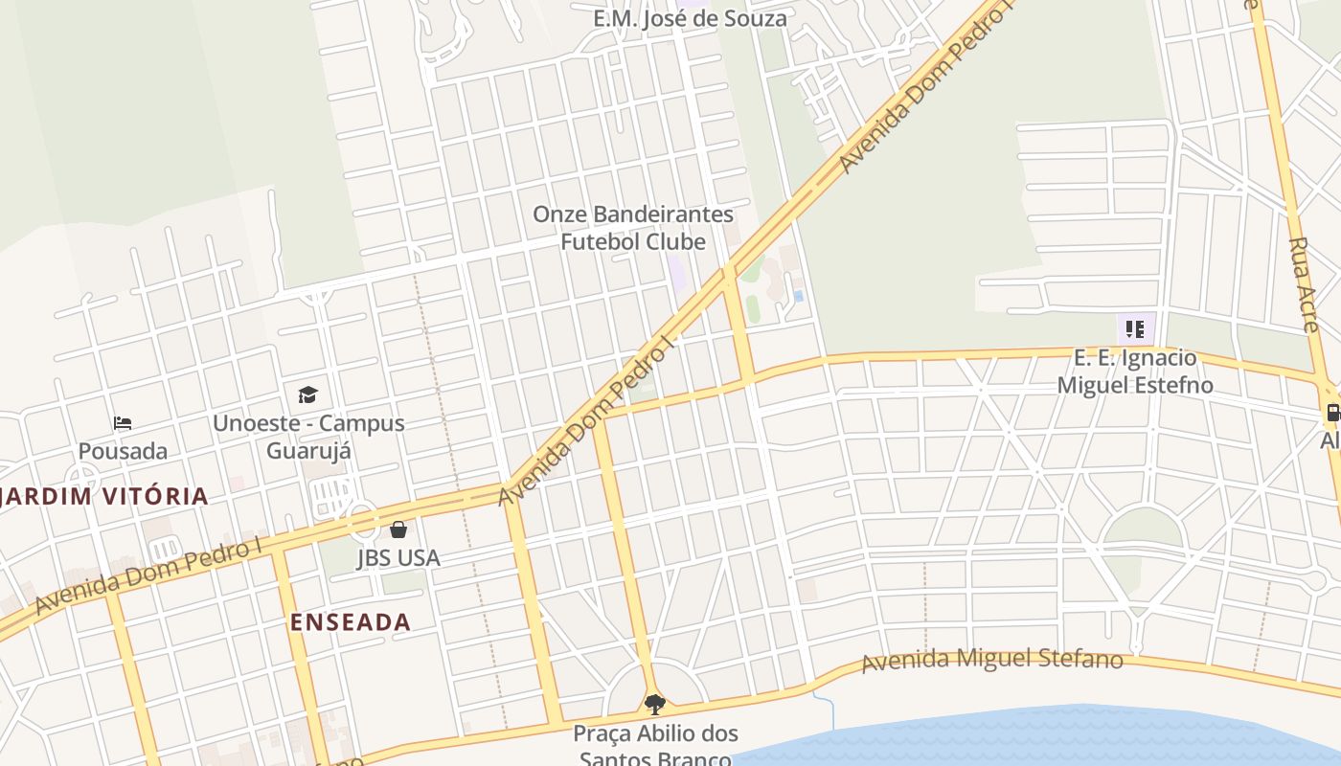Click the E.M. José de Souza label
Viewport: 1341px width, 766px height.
click(690, 18)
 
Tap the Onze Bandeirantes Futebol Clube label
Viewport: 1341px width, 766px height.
click(633, 228)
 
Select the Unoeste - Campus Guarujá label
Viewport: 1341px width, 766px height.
click(308, 437)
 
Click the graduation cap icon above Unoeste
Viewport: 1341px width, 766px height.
click(307, 394)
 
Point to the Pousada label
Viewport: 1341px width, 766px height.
click(123, 451)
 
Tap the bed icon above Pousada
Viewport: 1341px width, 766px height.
click(123, 423)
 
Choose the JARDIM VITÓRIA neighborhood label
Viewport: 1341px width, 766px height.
click(104, 496)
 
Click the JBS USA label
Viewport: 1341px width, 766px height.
click(398, 557)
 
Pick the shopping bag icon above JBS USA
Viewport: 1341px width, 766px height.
click(398, 529)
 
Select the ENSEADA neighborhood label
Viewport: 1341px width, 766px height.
click(351, 622)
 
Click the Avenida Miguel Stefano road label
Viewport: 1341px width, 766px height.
click(992, 660)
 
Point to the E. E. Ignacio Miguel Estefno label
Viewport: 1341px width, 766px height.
click(1135, 372)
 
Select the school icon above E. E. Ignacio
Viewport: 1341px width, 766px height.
click(1135, 330)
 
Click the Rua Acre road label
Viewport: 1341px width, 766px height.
click(1304, 283)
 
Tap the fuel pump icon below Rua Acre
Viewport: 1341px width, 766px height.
click(1332, 413)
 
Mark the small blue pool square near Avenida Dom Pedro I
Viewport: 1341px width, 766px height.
click(798, 297)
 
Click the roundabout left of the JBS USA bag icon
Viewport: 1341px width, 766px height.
click(363, 523)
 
